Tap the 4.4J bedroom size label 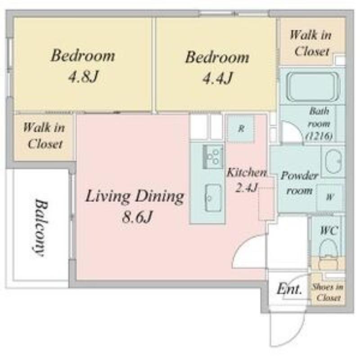(x=217, y=78)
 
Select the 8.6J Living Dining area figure (x=137, y=216)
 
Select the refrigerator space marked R (x=241, y=129)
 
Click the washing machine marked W (x=330, y=197)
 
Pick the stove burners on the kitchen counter (x=213, y=157)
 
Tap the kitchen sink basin (x=213, y=198)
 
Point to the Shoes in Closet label (x=328, y=292)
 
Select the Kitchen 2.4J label (x=247, y=180)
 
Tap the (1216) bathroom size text (x=319, y=136)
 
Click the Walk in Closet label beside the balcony (x=44, y=136)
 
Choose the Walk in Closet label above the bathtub (x=311, y=43)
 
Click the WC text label (x=329, y=230)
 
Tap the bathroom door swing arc (x=296, y=127)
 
